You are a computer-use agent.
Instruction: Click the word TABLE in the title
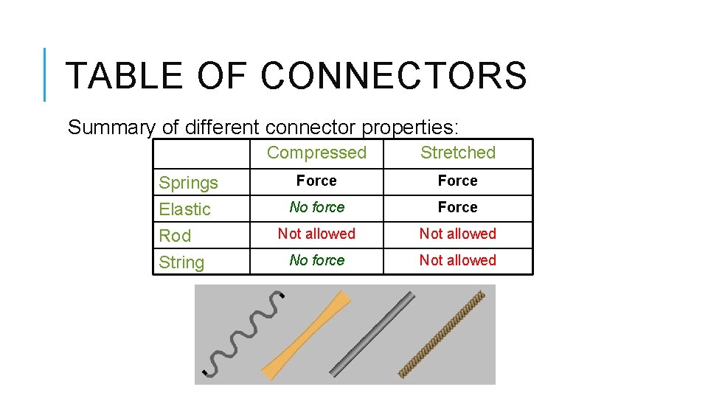(x=123, y=76)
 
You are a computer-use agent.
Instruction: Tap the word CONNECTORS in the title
(x=394, y=76)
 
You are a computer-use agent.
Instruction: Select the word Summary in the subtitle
(x=111, y=128)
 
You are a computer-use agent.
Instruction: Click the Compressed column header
(x=316, y=153)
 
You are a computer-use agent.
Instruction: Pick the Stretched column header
(x=457, y=153)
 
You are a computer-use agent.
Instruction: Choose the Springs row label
(x=189, y=183)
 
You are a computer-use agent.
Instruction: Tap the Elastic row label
(x=185, y=209)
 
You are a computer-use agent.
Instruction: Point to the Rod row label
(x=176, y=236)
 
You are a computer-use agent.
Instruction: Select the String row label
(x=181, y=262)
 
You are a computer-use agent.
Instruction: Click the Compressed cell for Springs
(x=316, y=181)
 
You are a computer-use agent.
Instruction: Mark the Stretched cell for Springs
(x=457, y=181)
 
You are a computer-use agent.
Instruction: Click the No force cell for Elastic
(x=316, y=208)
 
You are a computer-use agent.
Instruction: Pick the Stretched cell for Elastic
(x=457, y=208)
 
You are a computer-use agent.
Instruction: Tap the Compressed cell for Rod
(x=316, y=234)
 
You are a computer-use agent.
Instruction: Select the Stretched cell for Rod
(x=457, y=234)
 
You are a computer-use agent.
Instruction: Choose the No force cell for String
(x=316, y=261)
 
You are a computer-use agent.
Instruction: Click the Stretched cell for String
(x=457, y=261)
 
